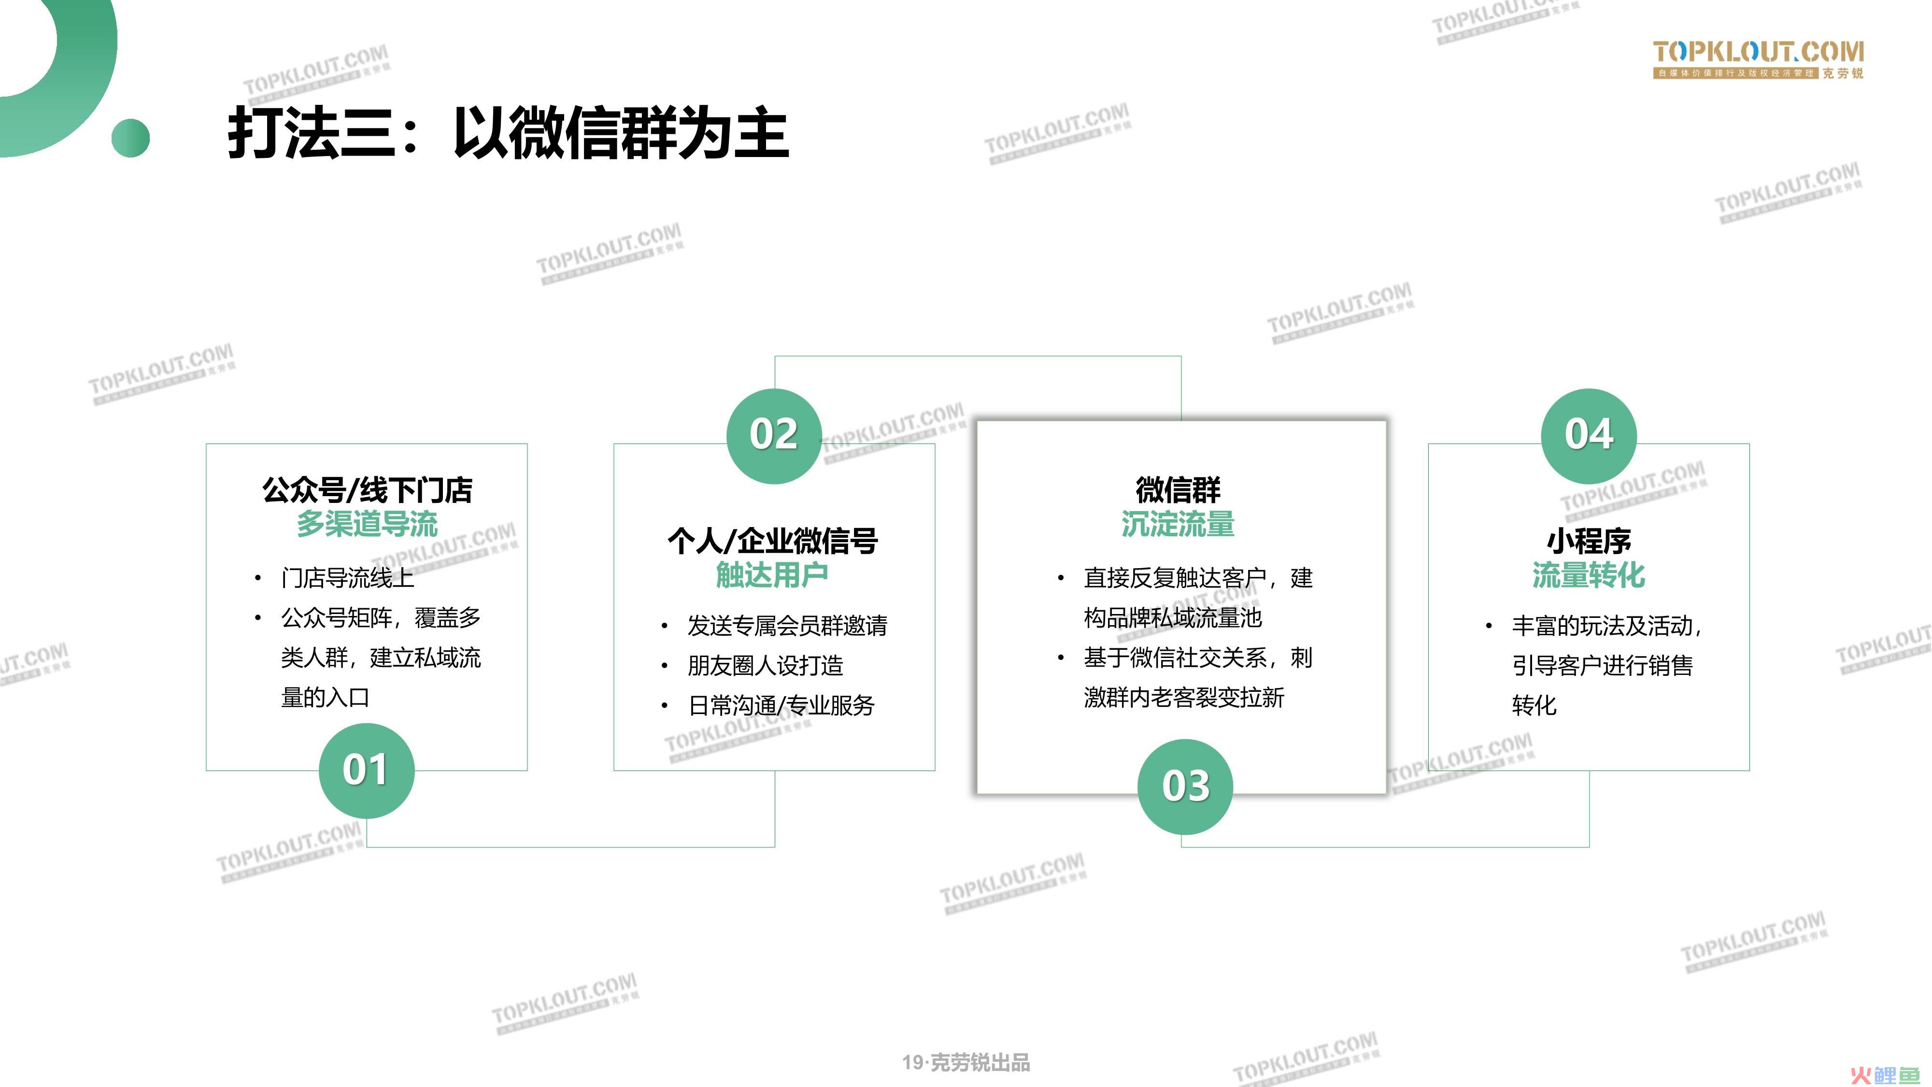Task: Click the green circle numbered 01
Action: point(366,771)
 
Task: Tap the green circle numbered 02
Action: point(774,436)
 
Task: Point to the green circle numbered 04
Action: point(1589,436)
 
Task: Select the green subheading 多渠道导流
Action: point(367,524)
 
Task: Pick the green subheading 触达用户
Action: point(772,574)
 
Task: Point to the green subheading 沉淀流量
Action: point(1178,524)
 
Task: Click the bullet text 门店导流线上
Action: point(347,578)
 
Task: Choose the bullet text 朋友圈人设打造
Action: point(765,665)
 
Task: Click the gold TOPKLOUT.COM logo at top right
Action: point(1759,59)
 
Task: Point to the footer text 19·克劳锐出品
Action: point(966,1062)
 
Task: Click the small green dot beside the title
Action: point(130,138)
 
